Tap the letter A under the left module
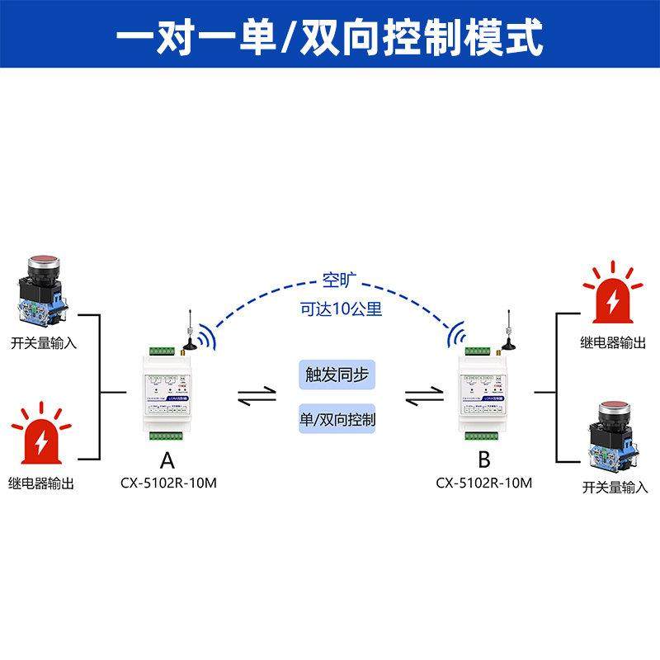pyautogui.click(x=167, y=460)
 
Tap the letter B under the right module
pyautogui.click(x=484, y=460)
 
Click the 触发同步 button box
pyautogui.click(x=335, y=375)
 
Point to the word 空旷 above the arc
pyautogui.click(x=336, y=280)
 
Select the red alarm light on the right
pyautogui.click(x=613, y=295)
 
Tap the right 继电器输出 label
pyautogui.click(x=613, y=342)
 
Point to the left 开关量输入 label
pyautogui.click(x=44, y=342)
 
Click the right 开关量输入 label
pyautogui.click(x=615, y=487)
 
